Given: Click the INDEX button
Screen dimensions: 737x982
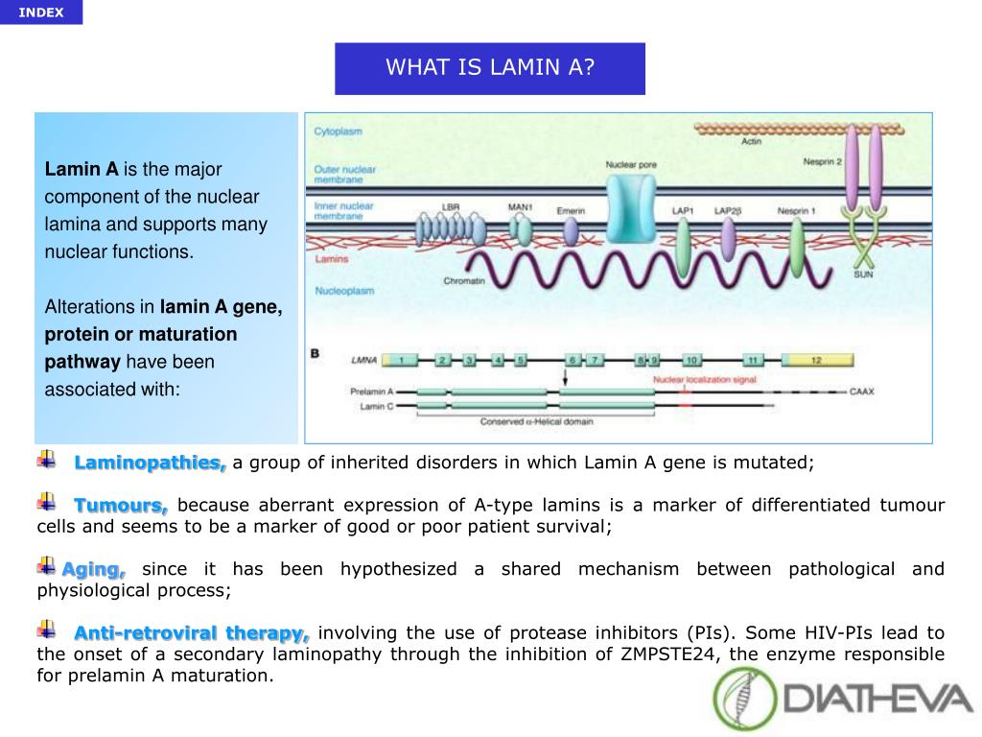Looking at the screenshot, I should (41, 12).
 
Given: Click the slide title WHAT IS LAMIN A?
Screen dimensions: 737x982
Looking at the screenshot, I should (489, 68).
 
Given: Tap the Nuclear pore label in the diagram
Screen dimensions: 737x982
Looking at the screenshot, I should (631, 165).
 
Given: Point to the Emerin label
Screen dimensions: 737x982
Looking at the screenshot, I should (570, 211).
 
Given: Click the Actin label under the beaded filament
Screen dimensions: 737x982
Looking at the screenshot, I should (752, 141).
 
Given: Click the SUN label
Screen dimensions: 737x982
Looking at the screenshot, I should (863, 274).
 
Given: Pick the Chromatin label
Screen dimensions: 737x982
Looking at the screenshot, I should (463, 281).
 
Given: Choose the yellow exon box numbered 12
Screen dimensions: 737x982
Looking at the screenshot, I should (816, 361).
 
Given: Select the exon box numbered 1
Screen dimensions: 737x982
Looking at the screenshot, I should (402, 361).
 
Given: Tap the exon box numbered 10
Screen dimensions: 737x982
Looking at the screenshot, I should (691, 361).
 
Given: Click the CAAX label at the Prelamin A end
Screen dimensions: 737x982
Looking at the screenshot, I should (863, 392).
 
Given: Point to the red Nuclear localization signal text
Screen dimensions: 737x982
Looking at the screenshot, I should (705, 380).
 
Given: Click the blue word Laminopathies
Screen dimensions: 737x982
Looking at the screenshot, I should (150, 463).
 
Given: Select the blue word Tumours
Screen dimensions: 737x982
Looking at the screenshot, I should (121, 505).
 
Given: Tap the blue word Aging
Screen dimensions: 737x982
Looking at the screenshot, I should (94, 569).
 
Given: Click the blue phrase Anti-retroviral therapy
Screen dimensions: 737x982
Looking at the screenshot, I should (192, 632).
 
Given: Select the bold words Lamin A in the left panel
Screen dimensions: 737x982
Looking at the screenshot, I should (82, 170).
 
